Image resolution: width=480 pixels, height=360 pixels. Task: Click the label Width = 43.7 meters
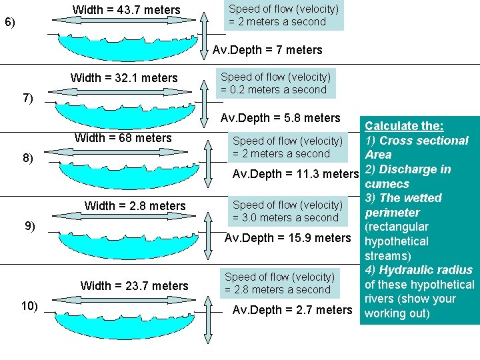click(x=126, y=10)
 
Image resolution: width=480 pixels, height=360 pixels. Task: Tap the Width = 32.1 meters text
click(x=124, y=78)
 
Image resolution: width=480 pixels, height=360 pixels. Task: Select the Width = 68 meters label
click(x=123, y=138)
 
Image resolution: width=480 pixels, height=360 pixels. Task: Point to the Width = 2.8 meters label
click(x=135, y=205)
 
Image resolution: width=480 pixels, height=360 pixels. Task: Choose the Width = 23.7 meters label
click(x=134, y=286)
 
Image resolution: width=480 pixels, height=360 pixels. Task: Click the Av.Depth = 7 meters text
click(x=267, y=50)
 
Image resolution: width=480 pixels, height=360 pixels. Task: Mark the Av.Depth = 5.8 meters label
click(x=280, y=118)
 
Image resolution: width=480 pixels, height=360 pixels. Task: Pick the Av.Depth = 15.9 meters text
click(x=287, y=238)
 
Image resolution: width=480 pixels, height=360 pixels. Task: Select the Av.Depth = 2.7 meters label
click(x=291, y=310)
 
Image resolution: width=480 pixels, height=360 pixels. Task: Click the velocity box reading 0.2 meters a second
click(x=275, y=83)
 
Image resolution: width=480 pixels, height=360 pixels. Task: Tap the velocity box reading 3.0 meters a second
click(x=287, y=211)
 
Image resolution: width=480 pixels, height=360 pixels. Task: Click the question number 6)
click(x=10, y=23)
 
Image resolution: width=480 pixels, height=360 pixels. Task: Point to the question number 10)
click(x=29, y=306)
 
